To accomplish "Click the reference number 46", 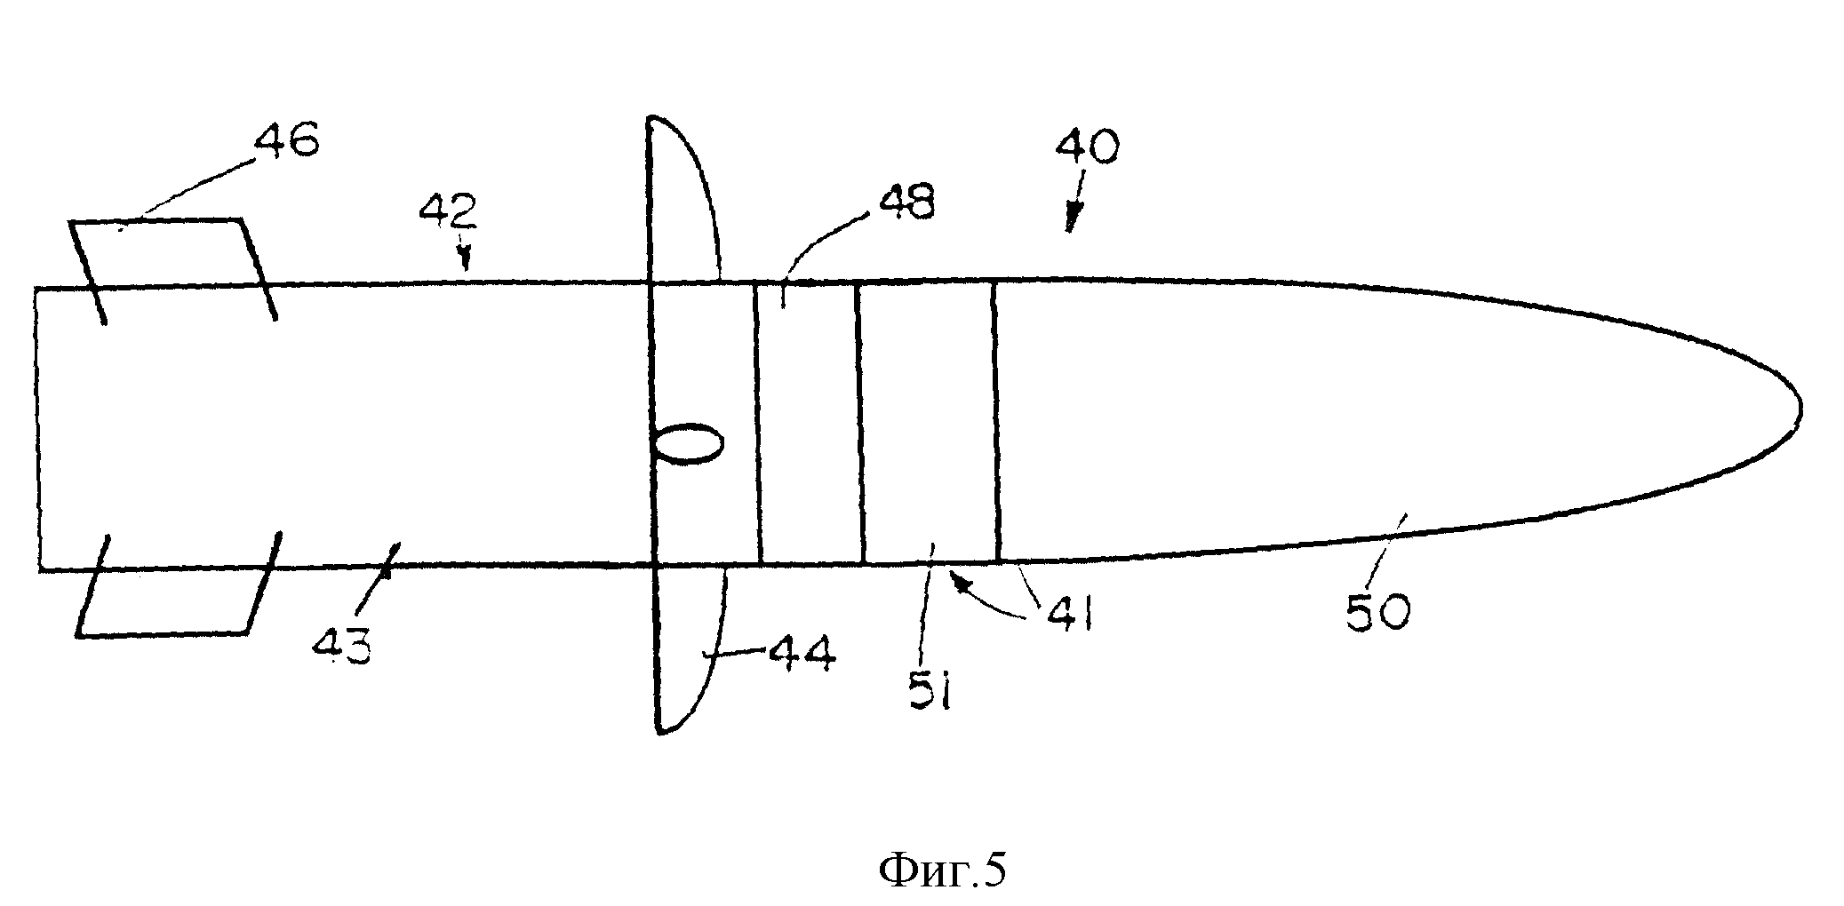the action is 286,140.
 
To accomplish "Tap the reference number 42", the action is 450,211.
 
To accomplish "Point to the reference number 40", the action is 1088,146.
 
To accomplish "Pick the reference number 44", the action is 802,656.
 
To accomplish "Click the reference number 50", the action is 1377,612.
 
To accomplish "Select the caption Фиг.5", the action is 942,871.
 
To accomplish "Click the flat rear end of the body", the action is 37,428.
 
